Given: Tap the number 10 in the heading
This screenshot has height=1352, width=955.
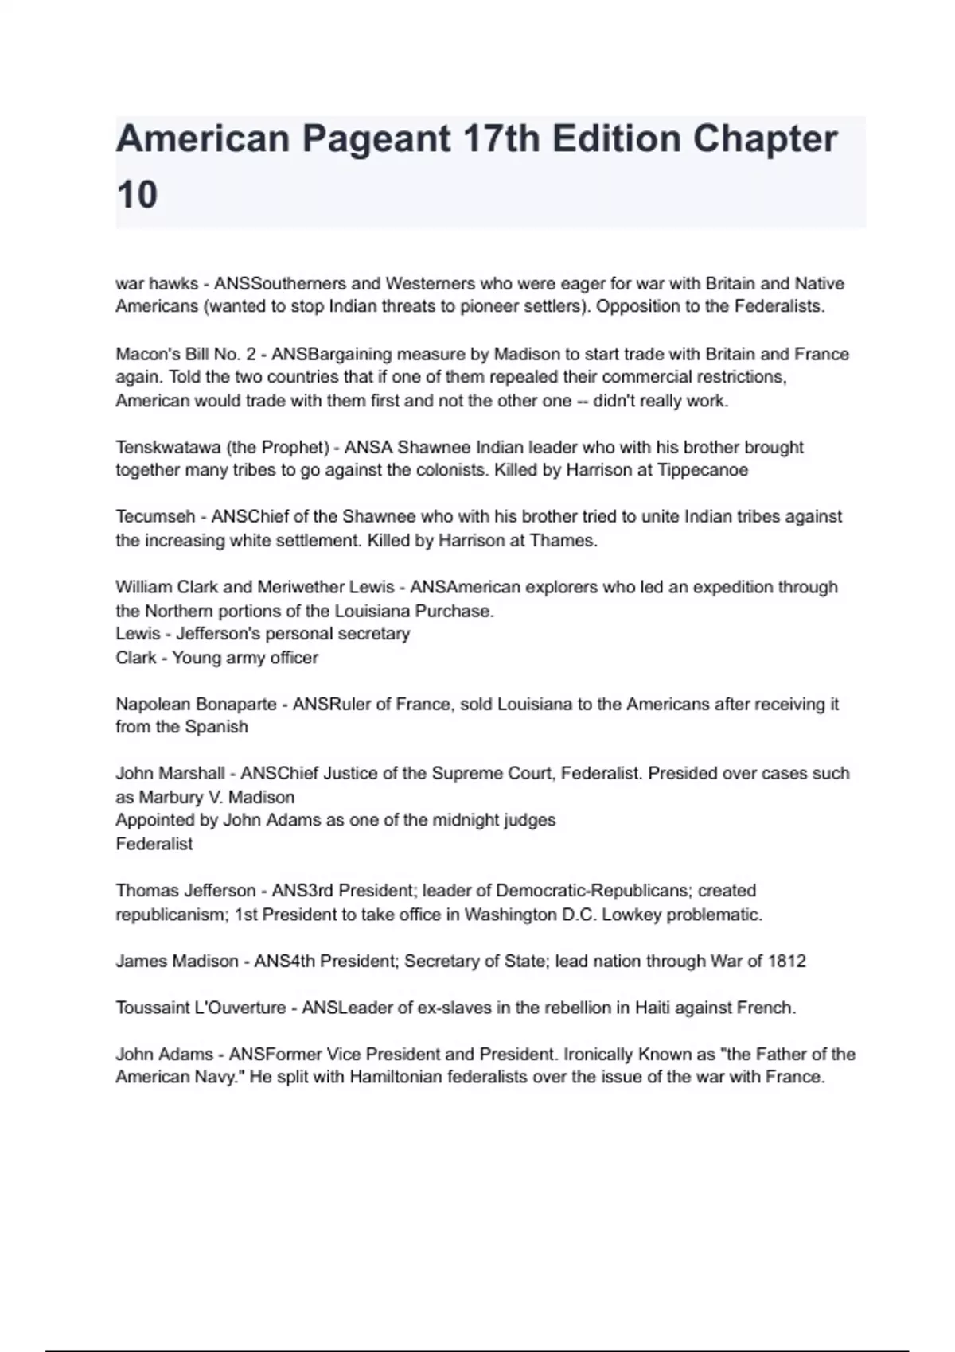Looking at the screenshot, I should [x=137, y=195].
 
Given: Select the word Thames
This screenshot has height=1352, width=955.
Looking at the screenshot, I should [x=570, y=541].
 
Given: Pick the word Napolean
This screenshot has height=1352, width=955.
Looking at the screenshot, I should [x=153, y=704].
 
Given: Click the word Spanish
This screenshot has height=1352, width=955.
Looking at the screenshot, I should [x=216, y=727].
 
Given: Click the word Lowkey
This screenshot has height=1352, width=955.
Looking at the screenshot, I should [x=632, y=915].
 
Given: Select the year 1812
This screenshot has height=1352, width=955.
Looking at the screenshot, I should [x=786, y=961].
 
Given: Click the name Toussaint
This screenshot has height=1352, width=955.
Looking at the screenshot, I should [x=150, y=1008].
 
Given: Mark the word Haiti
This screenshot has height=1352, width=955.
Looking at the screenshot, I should [x=654, y=1008].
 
